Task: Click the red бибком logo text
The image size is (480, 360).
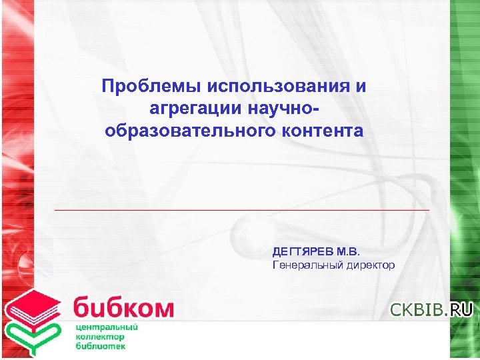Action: point(124,308)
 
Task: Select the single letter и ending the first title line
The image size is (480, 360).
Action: point(361,87)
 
